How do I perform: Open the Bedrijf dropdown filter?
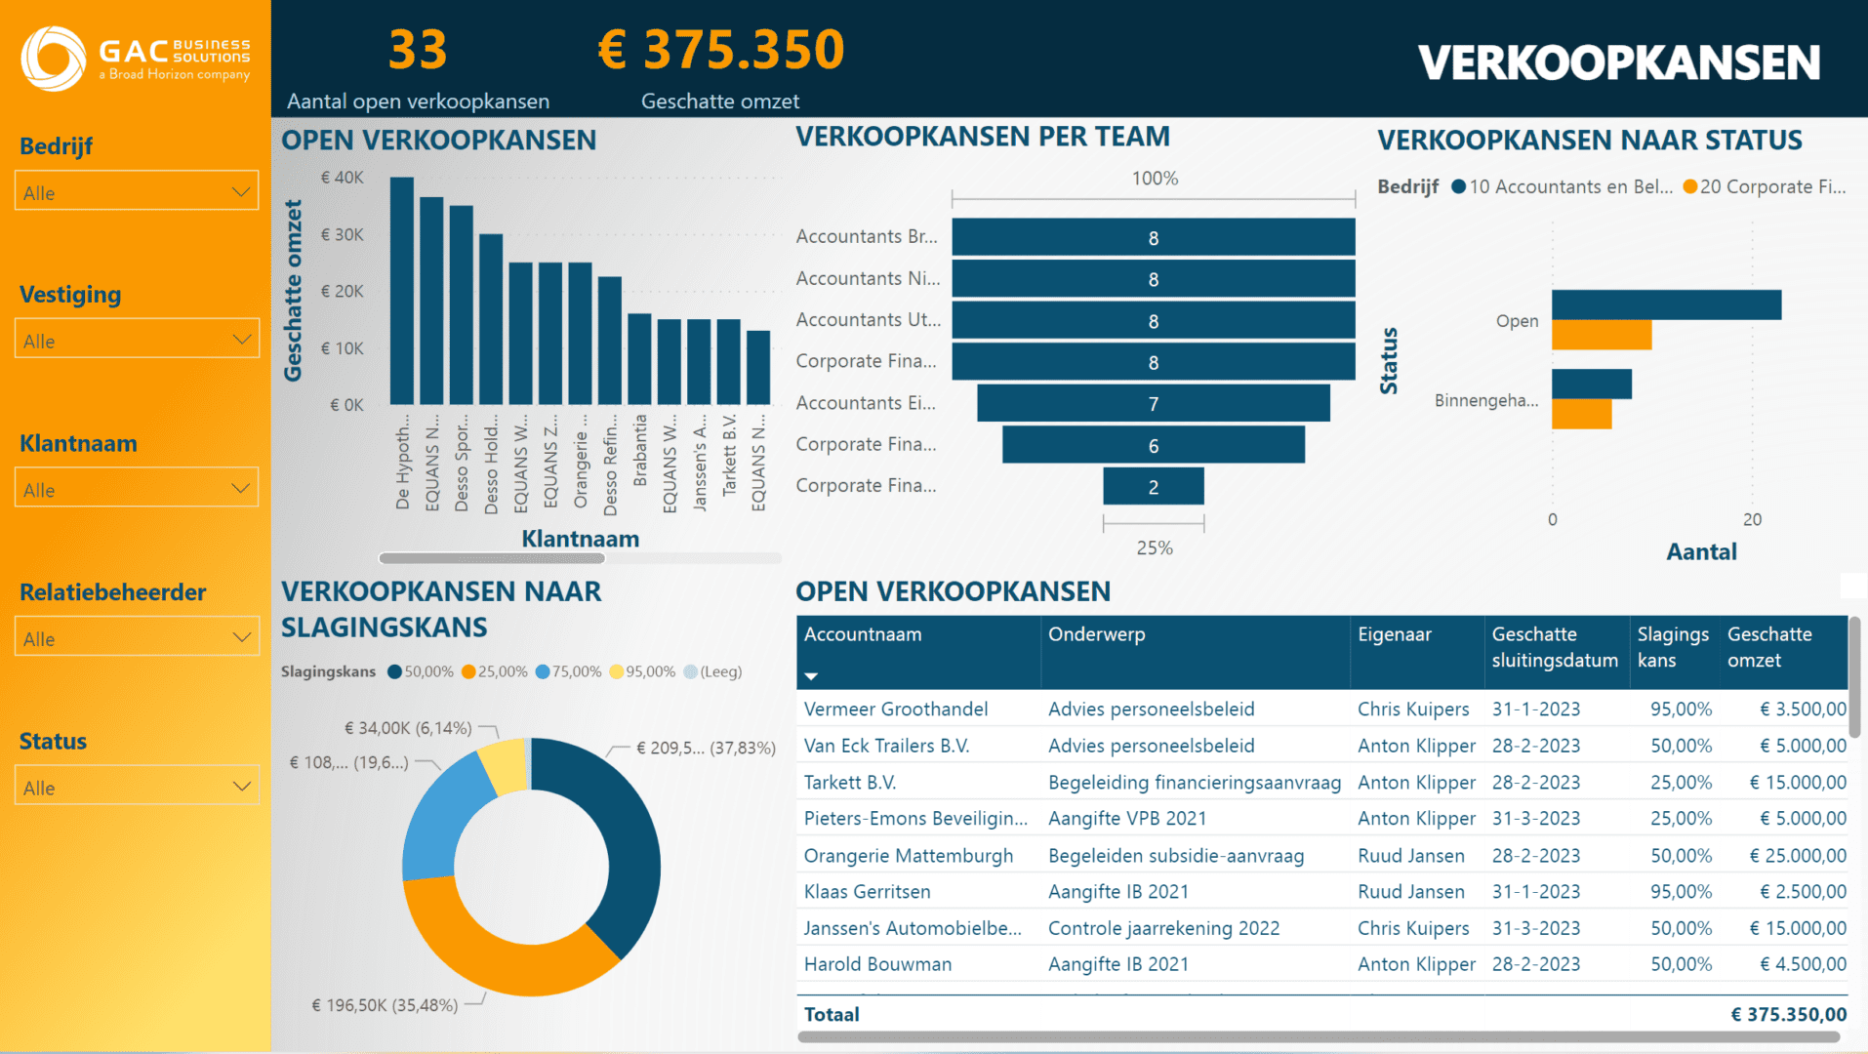(x=137, y=191)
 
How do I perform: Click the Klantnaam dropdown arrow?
(x=240, y=488)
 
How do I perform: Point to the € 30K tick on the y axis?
(x=342, y=234)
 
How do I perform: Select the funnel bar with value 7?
(x=1153, y=403)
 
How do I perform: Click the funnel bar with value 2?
(x=1153, y=486)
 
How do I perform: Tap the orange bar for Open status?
(x=1601, y=336)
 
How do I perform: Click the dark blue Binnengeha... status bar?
(x=1591, y=384)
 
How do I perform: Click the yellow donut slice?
(x=505, y=765)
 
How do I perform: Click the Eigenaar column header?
(x=1394, y=634)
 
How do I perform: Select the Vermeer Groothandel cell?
(x=895, y=709)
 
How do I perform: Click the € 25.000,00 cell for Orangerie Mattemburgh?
(x=1797, y=856)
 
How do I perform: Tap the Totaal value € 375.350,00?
(x=1788, y=1015)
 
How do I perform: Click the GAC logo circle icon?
(x=54, y=59)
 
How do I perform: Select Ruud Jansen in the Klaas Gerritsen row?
(x=1410, y=892)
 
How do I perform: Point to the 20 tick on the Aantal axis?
(x=1752, y=520)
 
